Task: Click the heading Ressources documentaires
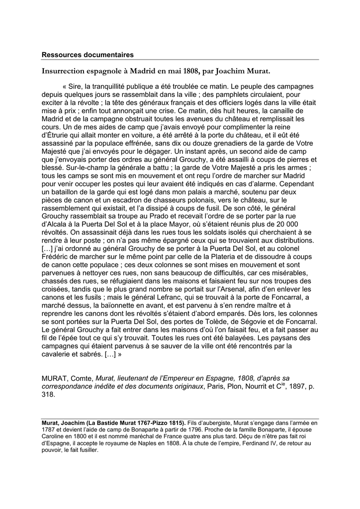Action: (x=88, y=55)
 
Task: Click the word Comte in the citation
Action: (x=80, y=378)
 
